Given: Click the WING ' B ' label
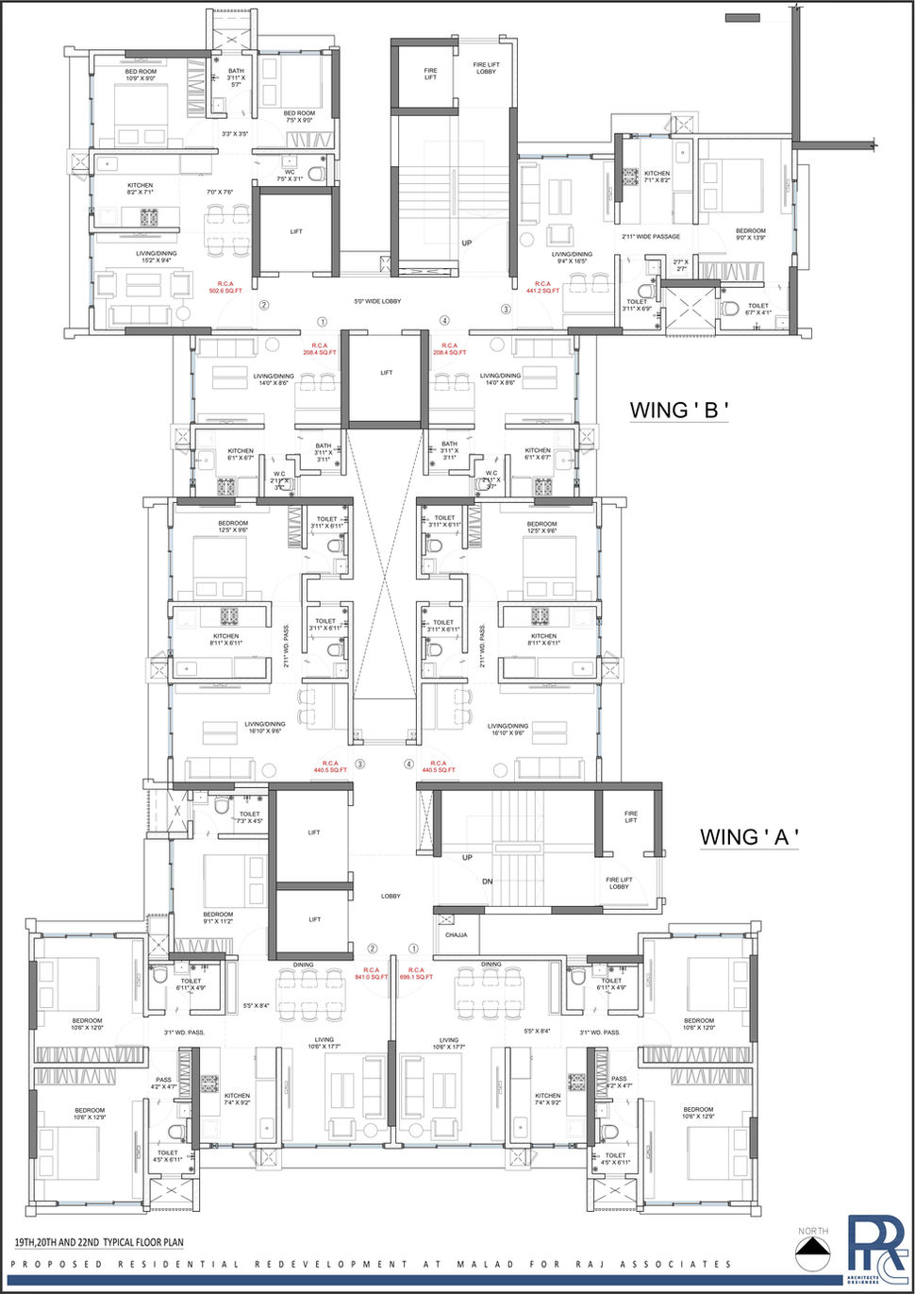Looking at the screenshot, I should click(679, 410).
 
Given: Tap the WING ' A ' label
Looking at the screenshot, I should click(749, 836).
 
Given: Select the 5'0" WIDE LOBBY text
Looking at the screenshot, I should click(377, 302).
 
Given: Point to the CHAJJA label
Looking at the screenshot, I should click(457, 935).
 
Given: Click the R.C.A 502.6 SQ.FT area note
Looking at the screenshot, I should click(225, 287).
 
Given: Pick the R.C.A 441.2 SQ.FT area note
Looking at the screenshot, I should click(542, 287).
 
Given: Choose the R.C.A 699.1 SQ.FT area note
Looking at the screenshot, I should click(416, 973).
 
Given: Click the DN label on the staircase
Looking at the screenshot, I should click(488, 882).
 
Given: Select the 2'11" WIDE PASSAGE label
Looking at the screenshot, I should click(651, 237).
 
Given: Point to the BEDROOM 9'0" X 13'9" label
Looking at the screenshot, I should click(751, 234).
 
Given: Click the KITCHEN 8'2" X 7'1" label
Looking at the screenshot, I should click(140, 189).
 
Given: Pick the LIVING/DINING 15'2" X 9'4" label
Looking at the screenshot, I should click(156, 257).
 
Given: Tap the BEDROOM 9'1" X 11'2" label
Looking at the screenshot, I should click(218, 917).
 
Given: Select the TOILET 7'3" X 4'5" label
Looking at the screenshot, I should click(249, 817).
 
